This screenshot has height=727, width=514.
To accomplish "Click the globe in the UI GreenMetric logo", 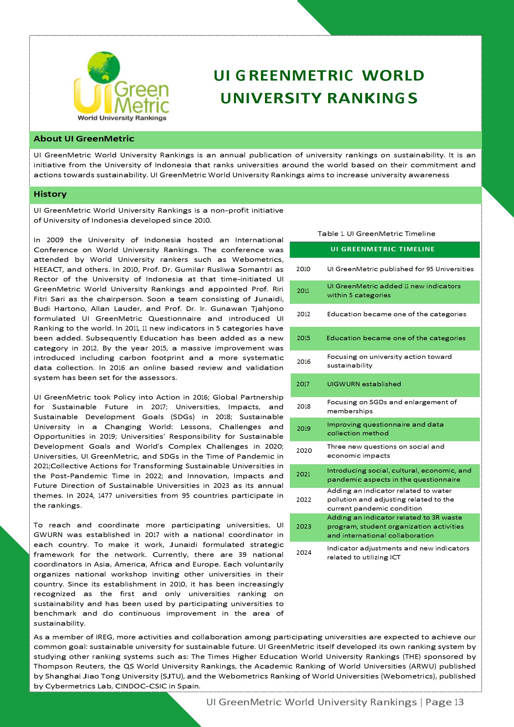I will tap(104, 67).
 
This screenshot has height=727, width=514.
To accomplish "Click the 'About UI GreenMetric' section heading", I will tap(84, 139).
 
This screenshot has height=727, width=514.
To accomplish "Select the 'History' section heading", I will tap(50, 194).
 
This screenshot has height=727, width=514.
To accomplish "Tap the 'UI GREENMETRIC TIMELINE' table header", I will tap(382, 249).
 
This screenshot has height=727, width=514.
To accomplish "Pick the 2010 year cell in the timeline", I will tap(303, 269).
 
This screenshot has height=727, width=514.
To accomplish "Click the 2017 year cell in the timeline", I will tap(303, 384).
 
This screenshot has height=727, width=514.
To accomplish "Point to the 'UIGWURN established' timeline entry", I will tap(364, 384).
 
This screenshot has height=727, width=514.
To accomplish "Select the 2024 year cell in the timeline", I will tap(304, 553).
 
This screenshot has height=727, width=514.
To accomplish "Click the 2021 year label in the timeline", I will tap(303, 474).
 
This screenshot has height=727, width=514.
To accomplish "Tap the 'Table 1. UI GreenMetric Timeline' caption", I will tap(376, 234).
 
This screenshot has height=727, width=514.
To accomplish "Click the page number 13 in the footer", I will tap(459, 702).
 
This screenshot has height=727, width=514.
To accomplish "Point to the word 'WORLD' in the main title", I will tap(393, 76).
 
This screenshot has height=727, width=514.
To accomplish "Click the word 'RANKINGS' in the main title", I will tap(372, 98).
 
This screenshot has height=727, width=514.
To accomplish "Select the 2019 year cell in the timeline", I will tap(303, 428).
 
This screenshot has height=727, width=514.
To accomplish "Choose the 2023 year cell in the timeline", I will tap(303, 526).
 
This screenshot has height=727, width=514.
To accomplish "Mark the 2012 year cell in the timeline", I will tap(303, 314).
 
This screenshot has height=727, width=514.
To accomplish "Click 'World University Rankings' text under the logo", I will tap(122, 118).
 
